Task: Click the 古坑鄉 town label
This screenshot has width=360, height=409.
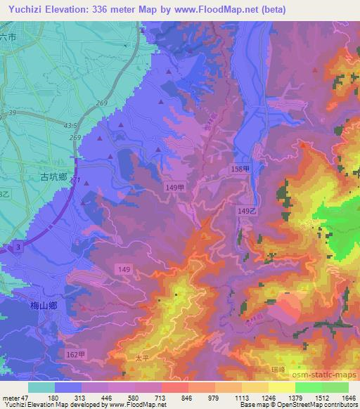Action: pos(53,178)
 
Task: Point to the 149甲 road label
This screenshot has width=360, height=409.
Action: pos(176,188)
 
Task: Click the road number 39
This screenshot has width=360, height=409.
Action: pos(12,112)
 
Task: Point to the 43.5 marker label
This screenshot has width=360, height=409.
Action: pos(70,124)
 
